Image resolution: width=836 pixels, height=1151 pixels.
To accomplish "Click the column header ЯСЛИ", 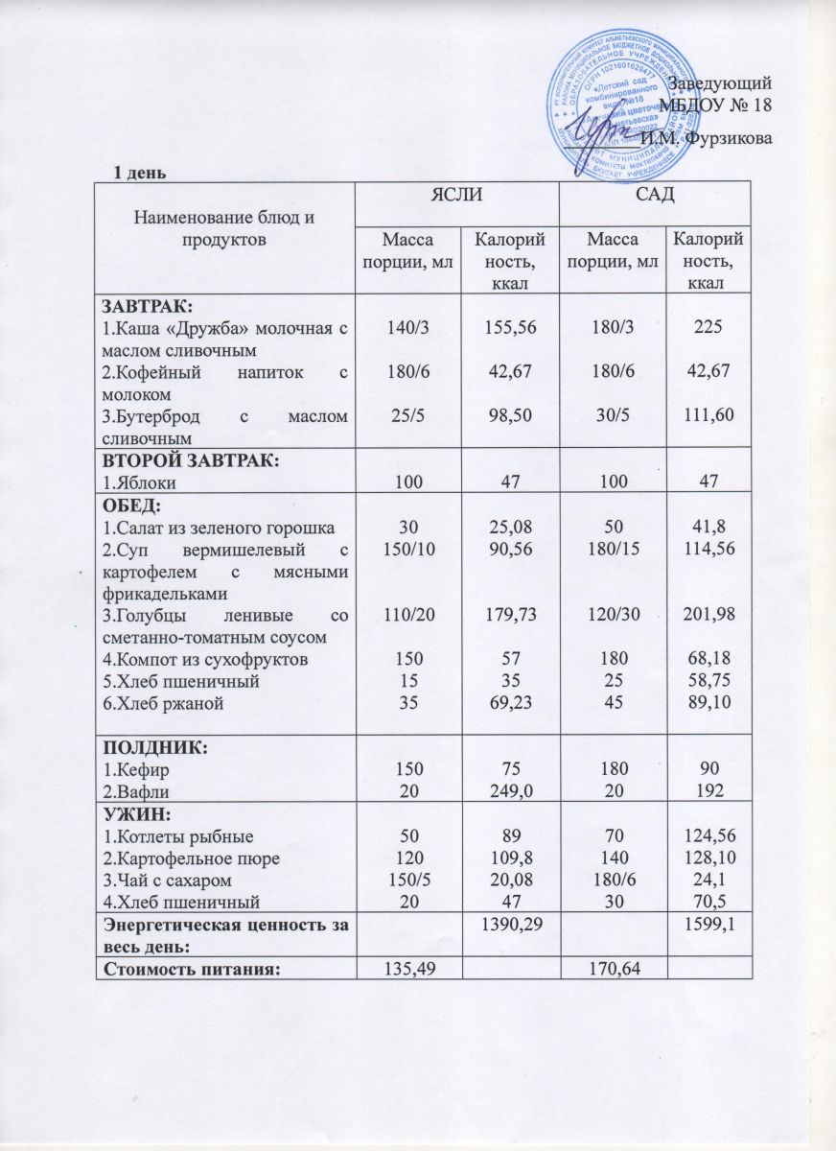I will click(456, 197).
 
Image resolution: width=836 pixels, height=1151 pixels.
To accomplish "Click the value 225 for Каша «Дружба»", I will click(709, 327).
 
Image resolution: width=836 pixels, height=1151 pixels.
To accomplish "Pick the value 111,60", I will click(709, 413).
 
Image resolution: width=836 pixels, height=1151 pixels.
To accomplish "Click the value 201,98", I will click(709, 614).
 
